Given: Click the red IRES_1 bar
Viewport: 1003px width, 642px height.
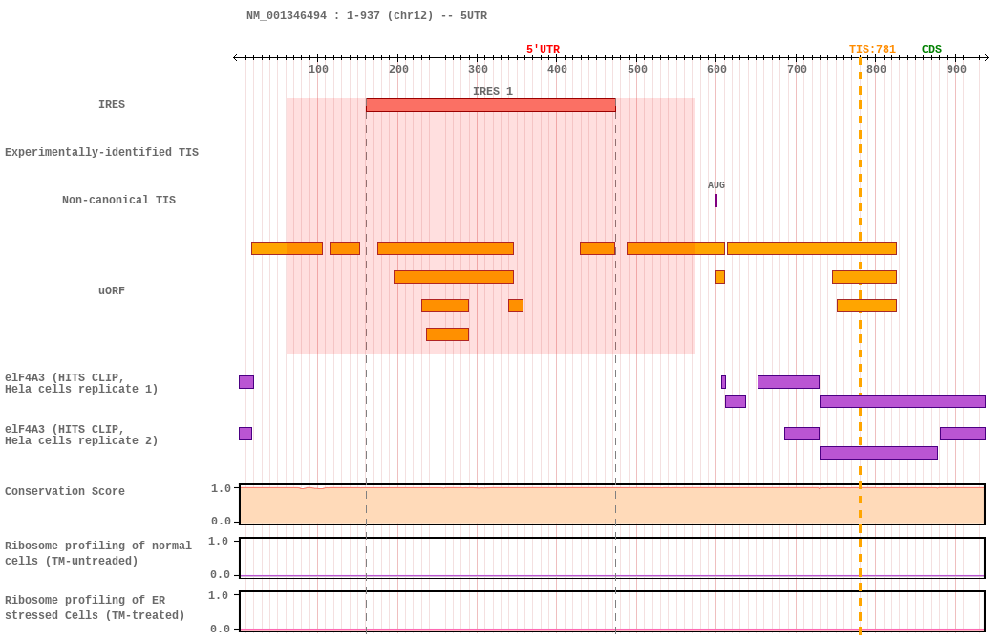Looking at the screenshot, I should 490,105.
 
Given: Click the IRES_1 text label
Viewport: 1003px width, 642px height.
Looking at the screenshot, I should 492,92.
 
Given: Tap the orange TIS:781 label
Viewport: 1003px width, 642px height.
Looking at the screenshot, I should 872,50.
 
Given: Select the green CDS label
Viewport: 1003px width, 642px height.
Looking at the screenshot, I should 931,50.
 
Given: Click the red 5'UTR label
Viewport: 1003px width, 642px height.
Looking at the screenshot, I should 543,50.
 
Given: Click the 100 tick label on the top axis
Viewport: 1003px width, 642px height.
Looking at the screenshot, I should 318,69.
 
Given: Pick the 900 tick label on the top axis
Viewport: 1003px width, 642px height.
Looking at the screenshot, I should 956,69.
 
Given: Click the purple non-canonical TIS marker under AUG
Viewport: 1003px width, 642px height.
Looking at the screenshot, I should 716,201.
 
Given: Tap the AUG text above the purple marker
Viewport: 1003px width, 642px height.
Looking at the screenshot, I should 716,185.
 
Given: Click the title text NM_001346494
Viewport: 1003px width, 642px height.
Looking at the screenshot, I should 286,15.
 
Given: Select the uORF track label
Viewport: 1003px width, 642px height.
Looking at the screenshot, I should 112,290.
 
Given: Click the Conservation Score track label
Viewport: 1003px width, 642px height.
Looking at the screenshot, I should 65,491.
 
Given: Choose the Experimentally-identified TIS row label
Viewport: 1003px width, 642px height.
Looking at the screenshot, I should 101,152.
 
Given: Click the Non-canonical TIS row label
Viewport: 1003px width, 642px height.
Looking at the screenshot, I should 118,200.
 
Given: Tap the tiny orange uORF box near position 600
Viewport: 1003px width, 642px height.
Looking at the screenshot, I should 720,277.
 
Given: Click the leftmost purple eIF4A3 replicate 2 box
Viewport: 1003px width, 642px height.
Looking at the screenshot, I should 245,434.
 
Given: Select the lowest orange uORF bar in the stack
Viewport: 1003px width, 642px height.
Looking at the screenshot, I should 447,334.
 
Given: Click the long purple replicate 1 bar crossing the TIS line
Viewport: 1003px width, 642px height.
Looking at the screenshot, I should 902,401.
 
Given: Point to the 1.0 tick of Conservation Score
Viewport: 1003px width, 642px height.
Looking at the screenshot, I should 221,488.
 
